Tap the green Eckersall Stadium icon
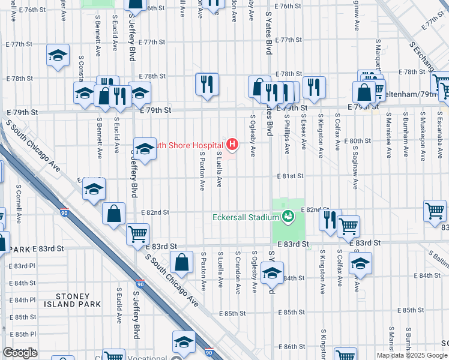point(288,216)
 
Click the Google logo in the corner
point(20,353)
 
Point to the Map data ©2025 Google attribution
point(411,355)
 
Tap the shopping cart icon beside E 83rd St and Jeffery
point(137,233)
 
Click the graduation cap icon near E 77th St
point(58,56)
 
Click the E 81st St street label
point(291,176)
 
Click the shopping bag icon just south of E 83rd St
point(181,262)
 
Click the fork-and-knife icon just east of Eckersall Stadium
point(330,220)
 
